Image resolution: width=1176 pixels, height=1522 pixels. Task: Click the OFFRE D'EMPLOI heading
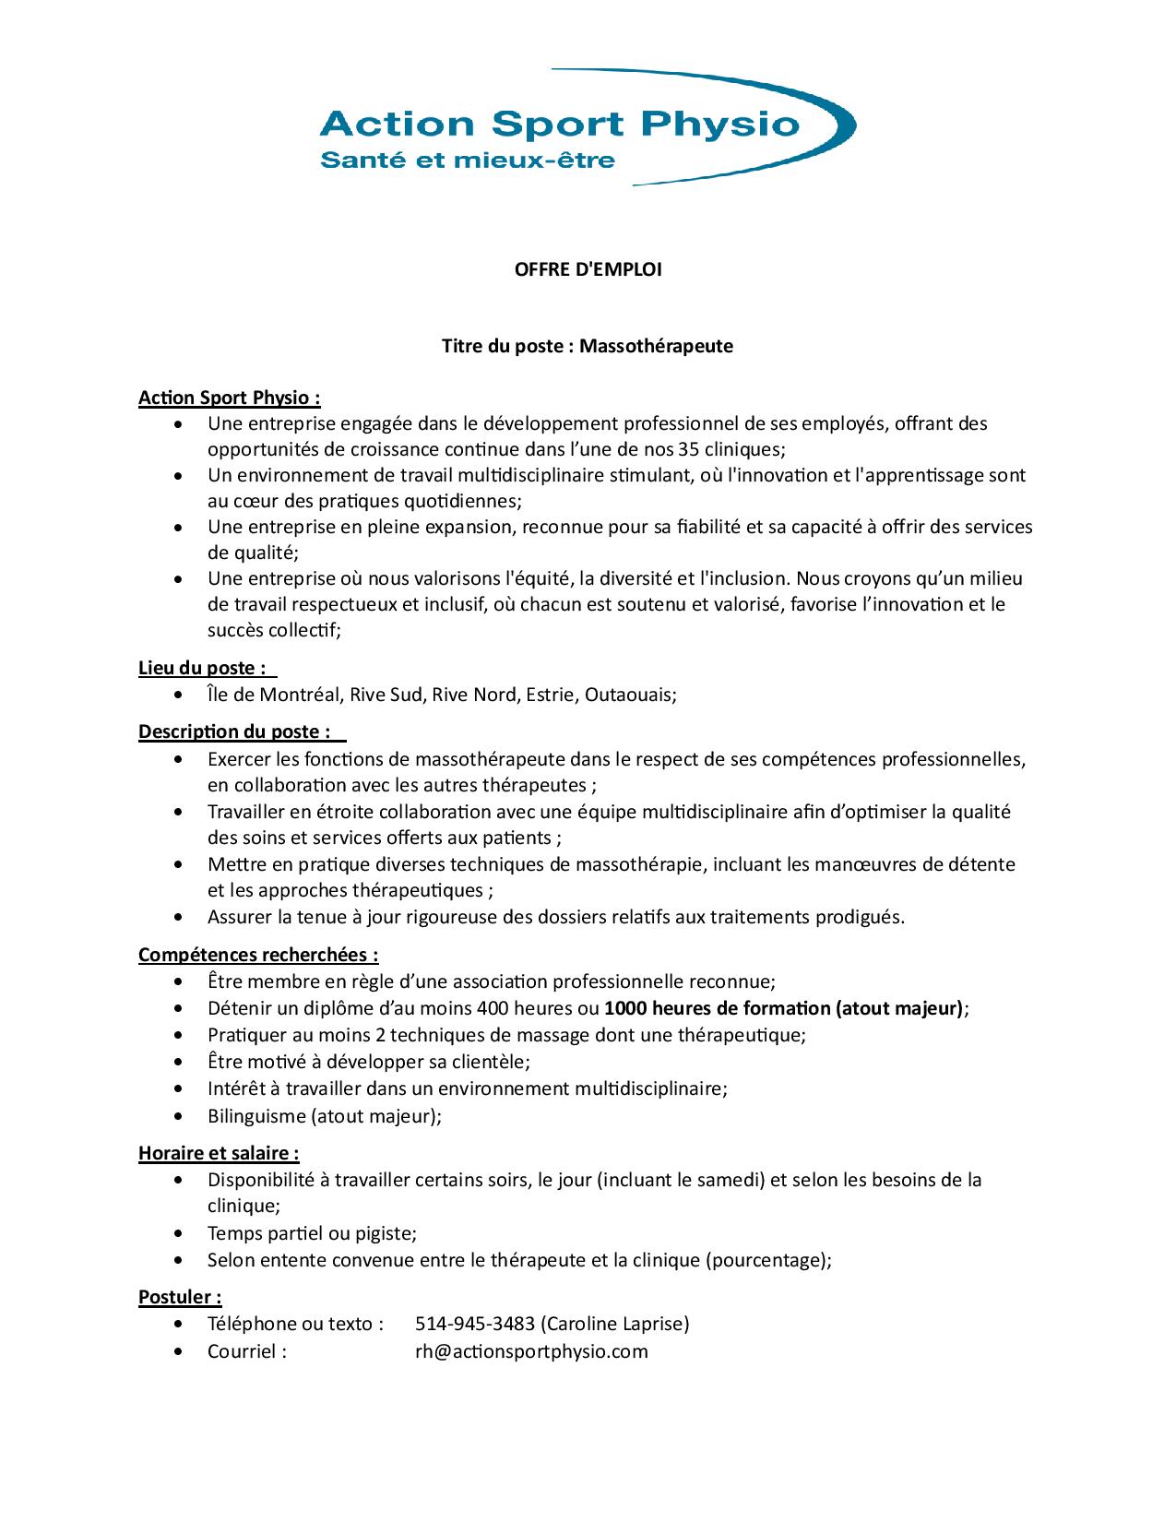pyautogui.click(x=588, y=269)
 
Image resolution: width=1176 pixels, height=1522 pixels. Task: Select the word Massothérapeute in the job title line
pyautogui.click(x=656, y=346)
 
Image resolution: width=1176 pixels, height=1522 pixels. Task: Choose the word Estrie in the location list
pyautogui.click(x=550, y=695)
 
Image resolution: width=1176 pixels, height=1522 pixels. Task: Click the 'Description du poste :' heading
pyautogui.click(x=235, y=731)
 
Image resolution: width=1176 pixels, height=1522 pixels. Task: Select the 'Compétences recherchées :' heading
pyautogui.click(x=258, y=955)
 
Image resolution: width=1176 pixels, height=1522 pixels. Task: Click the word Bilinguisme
pyautogui.click(x=255, y=1116)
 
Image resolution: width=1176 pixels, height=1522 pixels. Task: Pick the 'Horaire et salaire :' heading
pyautogui.click(x=219, y=1153)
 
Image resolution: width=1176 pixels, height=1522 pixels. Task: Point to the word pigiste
pyautogui.click(x=385, y=1233)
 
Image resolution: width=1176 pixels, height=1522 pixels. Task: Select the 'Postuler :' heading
pyautogui.click(x=180, y=1297)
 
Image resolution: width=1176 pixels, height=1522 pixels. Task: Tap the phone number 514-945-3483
pyautogui.click(x=475, y=1324)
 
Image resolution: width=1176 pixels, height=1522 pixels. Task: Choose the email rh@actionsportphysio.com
pyautogui.click(x=531, y=1351)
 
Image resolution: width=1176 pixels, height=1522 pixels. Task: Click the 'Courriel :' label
pyautogui.click(x=247, y=1351)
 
